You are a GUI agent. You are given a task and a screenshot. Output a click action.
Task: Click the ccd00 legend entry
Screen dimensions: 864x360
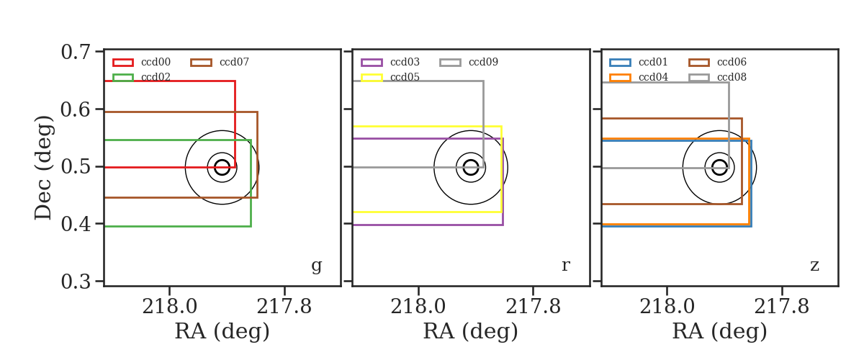point(142,62)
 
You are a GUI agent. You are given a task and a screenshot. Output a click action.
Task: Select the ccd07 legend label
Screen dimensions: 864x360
point(234,62)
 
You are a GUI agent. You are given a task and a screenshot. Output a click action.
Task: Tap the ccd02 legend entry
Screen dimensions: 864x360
point(142,77)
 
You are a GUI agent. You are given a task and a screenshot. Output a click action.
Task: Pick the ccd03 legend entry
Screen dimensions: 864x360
point(390,62)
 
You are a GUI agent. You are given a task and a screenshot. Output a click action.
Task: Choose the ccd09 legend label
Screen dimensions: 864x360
point(483,62)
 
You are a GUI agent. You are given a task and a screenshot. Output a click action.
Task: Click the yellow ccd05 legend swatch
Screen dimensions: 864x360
point(372,78)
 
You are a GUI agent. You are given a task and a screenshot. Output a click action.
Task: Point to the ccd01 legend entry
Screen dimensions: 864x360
point(639,62)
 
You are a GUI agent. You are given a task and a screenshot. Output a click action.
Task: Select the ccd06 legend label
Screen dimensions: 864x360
point(732,62)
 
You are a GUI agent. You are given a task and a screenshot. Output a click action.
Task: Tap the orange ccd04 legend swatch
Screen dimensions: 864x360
point(620,78)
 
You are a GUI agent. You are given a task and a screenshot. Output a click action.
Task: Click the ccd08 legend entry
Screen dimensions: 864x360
point(717,77)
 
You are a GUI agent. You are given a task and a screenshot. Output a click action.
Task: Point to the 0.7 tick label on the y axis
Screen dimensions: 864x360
point(76,52)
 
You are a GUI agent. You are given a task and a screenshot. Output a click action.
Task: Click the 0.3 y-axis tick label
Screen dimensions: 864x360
point(76,282)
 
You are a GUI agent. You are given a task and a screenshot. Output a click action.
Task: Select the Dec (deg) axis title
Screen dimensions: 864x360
point(42,168)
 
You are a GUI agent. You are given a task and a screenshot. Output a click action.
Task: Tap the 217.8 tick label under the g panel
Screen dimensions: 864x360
point(284,307)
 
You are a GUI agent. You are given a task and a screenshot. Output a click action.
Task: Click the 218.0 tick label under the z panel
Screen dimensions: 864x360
point(667,307)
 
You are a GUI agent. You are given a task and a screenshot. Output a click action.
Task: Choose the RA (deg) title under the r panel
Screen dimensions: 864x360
point(471,331)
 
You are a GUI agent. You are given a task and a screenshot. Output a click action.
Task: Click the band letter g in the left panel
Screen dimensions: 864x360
point(316,266)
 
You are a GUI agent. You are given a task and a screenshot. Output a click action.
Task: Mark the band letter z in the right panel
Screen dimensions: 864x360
point(814,266)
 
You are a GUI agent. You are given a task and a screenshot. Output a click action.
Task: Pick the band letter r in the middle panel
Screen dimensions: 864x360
point(565,266)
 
